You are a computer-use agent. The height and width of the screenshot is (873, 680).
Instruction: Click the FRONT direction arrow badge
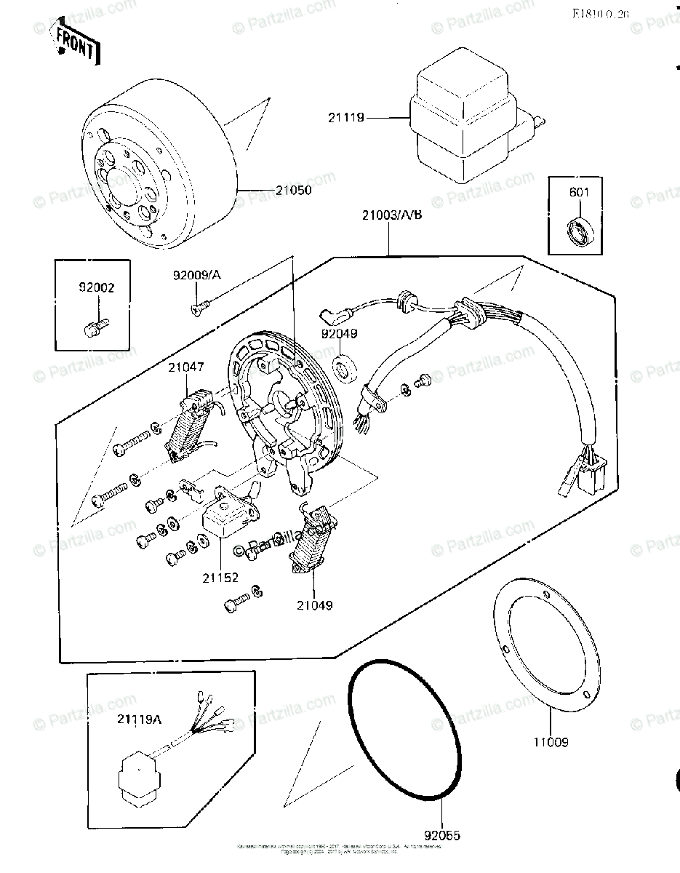(76, 42)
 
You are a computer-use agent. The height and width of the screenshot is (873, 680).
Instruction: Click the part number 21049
(314, 605)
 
